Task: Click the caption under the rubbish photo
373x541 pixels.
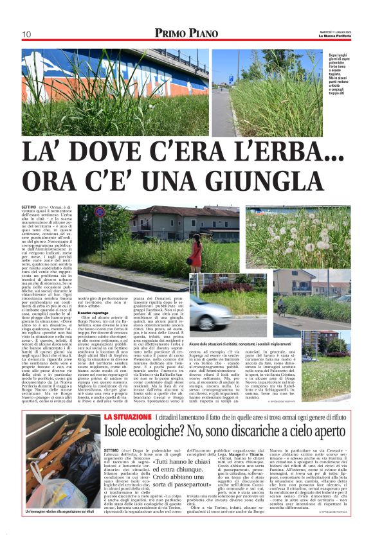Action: point(62,529)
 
